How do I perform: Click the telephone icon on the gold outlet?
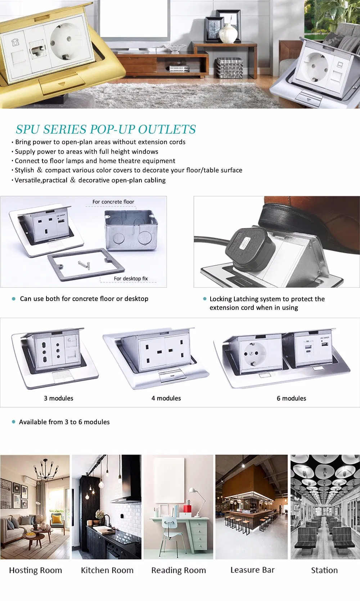[15, 42]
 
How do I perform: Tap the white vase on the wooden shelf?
[228, 33]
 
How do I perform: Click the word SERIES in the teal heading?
[65, 129]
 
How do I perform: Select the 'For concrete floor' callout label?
[113, 202]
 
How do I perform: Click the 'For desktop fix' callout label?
[131, 278]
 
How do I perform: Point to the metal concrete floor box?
[131, 230]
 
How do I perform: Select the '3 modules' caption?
[58, 398]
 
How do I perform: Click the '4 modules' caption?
[166, 398]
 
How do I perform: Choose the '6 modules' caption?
[291, 398]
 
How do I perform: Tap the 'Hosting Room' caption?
[35, 570]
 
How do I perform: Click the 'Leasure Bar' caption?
[252, 570]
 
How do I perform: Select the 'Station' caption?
[324, 570]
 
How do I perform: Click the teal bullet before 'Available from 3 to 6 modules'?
[14, 422]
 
